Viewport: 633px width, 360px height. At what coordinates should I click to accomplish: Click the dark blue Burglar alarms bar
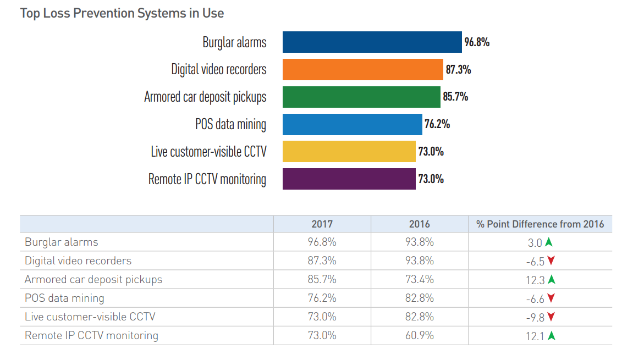click(x=372, y=42)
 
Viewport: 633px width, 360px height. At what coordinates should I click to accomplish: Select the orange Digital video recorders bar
click(x=362, y=70)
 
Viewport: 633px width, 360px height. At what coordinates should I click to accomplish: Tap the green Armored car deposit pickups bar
click(x=361, y=97)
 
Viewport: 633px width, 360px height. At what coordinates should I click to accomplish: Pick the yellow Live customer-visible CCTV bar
click(x=349, y=152)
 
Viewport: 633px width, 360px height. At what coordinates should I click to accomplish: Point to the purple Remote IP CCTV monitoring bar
click(x=349, y=179)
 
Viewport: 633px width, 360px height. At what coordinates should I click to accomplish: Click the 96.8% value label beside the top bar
click(x=477, y=42)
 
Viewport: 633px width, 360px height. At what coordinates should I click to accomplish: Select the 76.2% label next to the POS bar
click(x=437, y=124)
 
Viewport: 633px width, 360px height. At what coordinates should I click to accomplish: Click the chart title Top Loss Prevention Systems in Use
click(x=122, y=13)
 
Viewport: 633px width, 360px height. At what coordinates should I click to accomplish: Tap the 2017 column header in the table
click(x=322, y=224)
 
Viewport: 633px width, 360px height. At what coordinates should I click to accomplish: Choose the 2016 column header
click(x=420, y=224)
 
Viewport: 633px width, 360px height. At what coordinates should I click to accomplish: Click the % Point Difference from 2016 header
click(x=540, y=224)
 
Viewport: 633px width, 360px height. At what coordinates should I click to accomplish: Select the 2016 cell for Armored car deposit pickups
click(x=420, y=279)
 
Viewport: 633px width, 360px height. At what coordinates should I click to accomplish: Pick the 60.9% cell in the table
click(x=420, y=335)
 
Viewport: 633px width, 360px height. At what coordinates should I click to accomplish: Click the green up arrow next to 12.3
click(x=552, y=279)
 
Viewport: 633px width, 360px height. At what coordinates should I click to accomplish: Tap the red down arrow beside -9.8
click(x=551, y=317)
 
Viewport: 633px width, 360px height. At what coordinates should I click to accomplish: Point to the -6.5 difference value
click(x=535, y=261)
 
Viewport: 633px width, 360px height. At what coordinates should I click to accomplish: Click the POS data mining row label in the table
click(x=64, y=298)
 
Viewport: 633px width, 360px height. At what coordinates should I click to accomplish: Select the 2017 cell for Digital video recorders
click(x=322, y=261)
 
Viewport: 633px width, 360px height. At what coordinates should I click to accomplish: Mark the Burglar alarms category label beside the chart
click(x=234, y=42)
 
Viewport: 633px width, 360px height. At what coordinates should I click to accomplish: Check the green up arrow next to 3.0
click(x=549, y=242)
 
